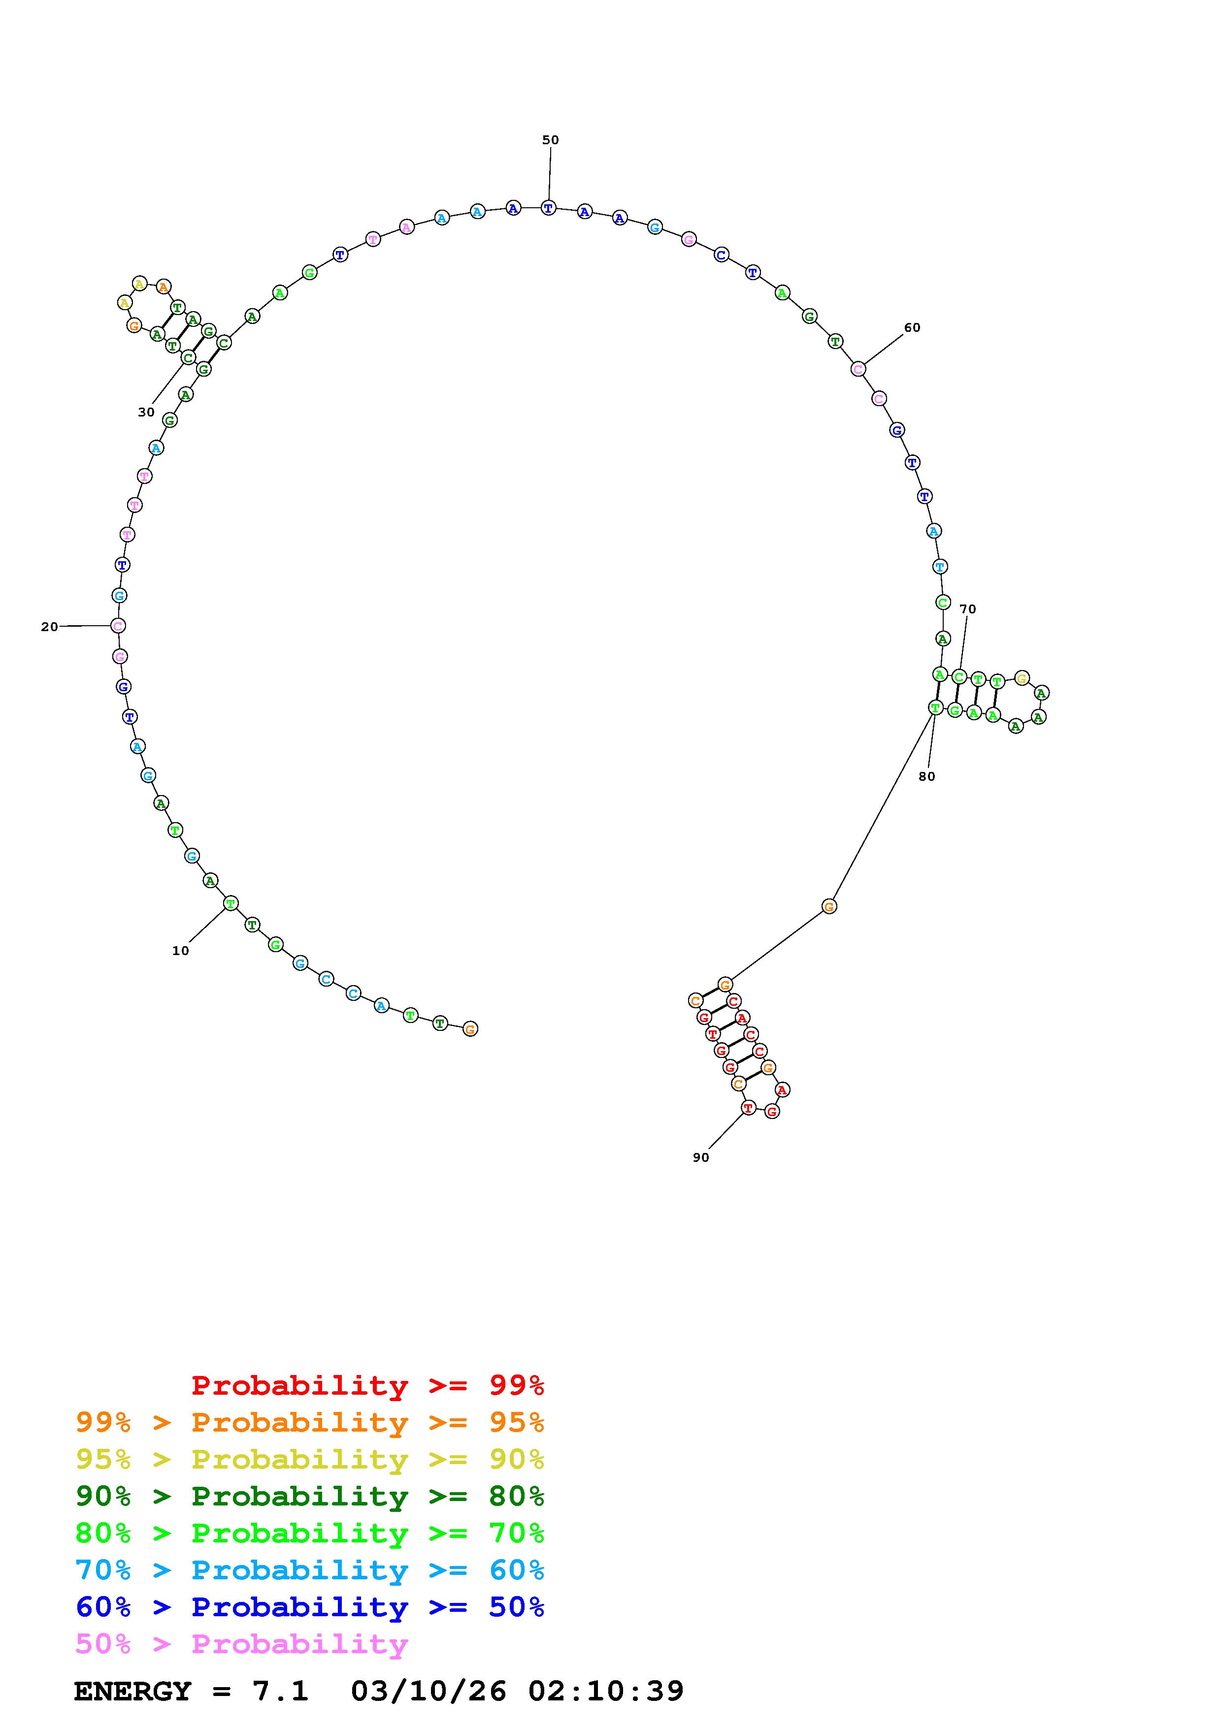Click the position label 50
(x=551, y=140)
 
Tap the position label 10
(x=181, y=951)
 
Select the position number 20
(x=50, y=627)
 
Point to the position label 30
(x=146, y=412)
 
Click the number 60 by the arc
(x=912, y=327)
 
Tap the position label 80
(x=927, y=776)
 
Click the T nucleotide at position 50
(x=548, y=208)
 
